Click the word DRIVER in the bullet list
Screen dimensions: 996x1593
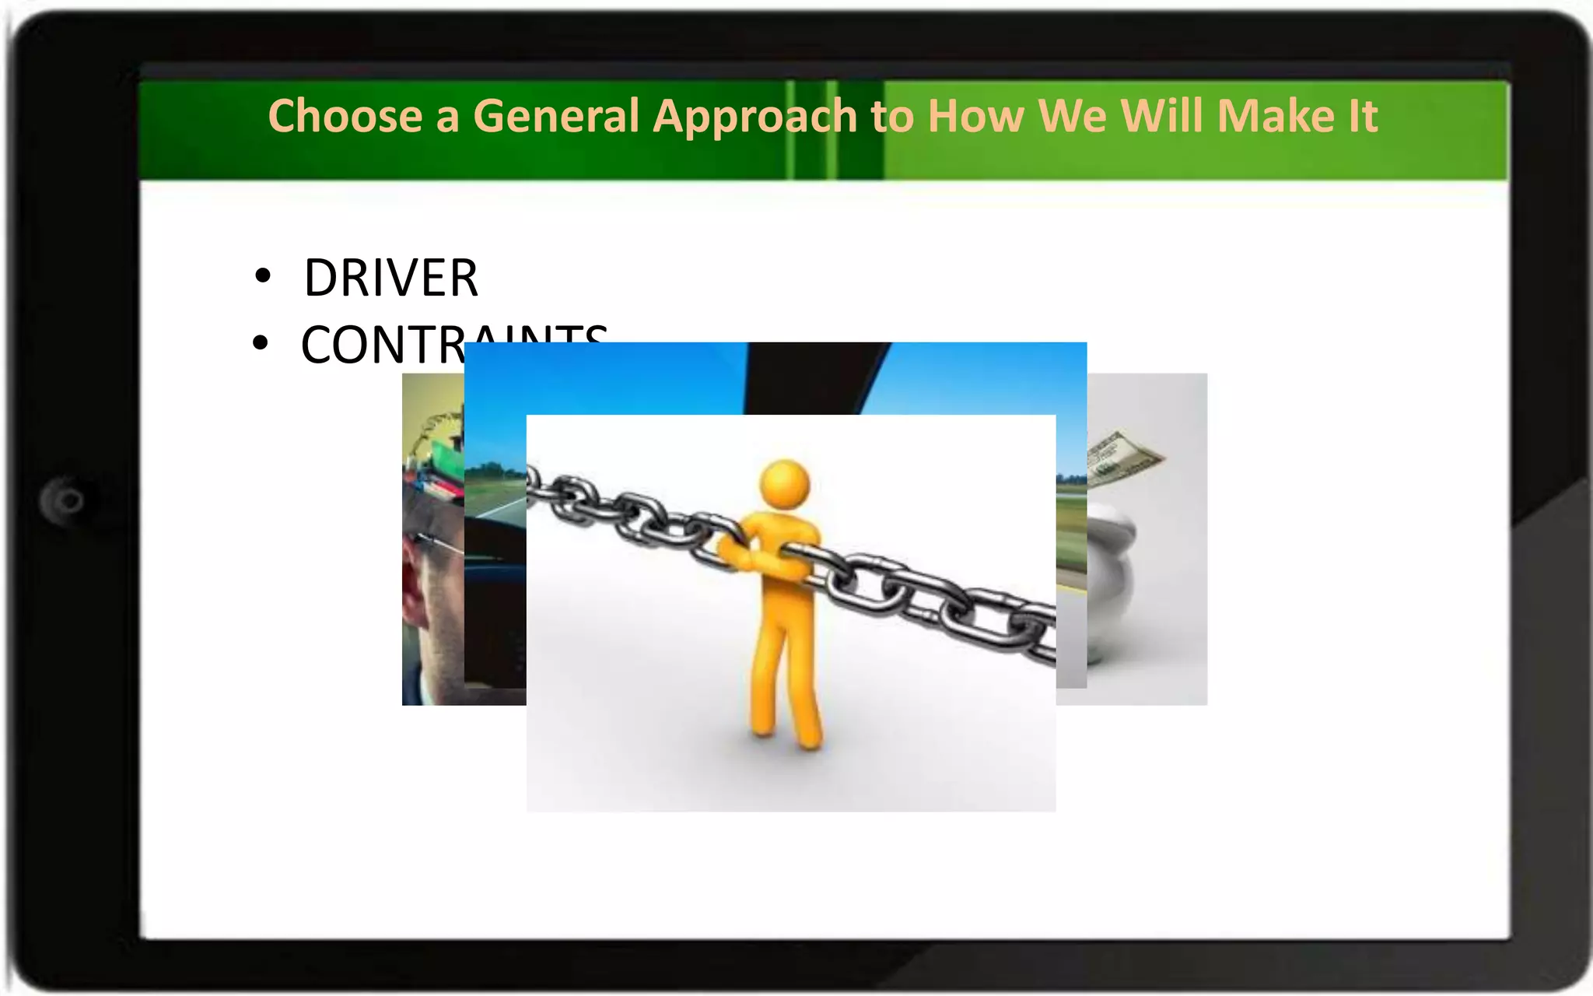[x=390, y=278]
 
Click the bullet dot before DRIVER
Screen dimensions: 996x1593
[x=263, y=276]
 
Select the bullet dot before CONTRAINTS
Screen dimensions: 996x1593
[x=261, y=342]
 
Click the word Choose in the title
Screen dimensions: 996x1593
[x=345, y=116]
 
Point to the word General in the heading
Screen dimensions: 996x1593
[x=556, y=116]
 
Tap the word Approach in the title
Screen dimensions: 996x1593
[x=754, y=116]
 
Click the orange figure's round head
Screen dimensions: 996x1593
[x=785, y=483]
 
